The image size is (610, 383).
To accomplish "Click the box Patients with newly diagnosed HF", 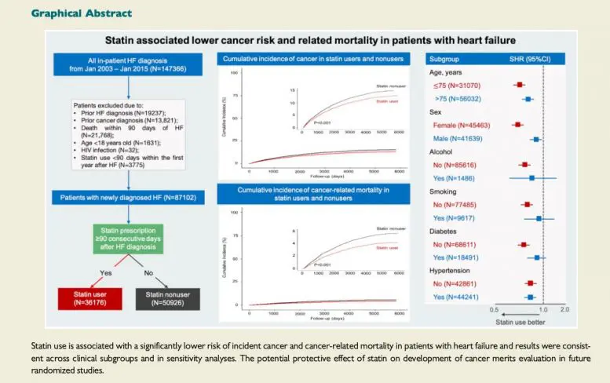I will (x=132, y=198).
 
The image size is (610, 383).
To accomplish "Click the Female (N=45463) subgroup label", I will (x=458, y=124).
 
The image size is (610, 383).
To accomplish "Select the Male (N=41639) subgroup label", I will (x=455, y=138).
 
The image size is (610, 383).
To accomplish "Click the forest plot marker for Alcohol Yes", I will (x=531, y=178).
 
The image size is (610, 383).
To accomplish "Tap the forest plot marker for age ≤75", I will (x=519, y=85).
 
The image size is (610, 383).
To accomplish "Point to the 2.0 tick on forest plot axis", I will (x=564, y=311).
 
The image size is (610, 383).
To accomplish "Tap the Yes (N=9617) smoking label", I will (x=455, y=217).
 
